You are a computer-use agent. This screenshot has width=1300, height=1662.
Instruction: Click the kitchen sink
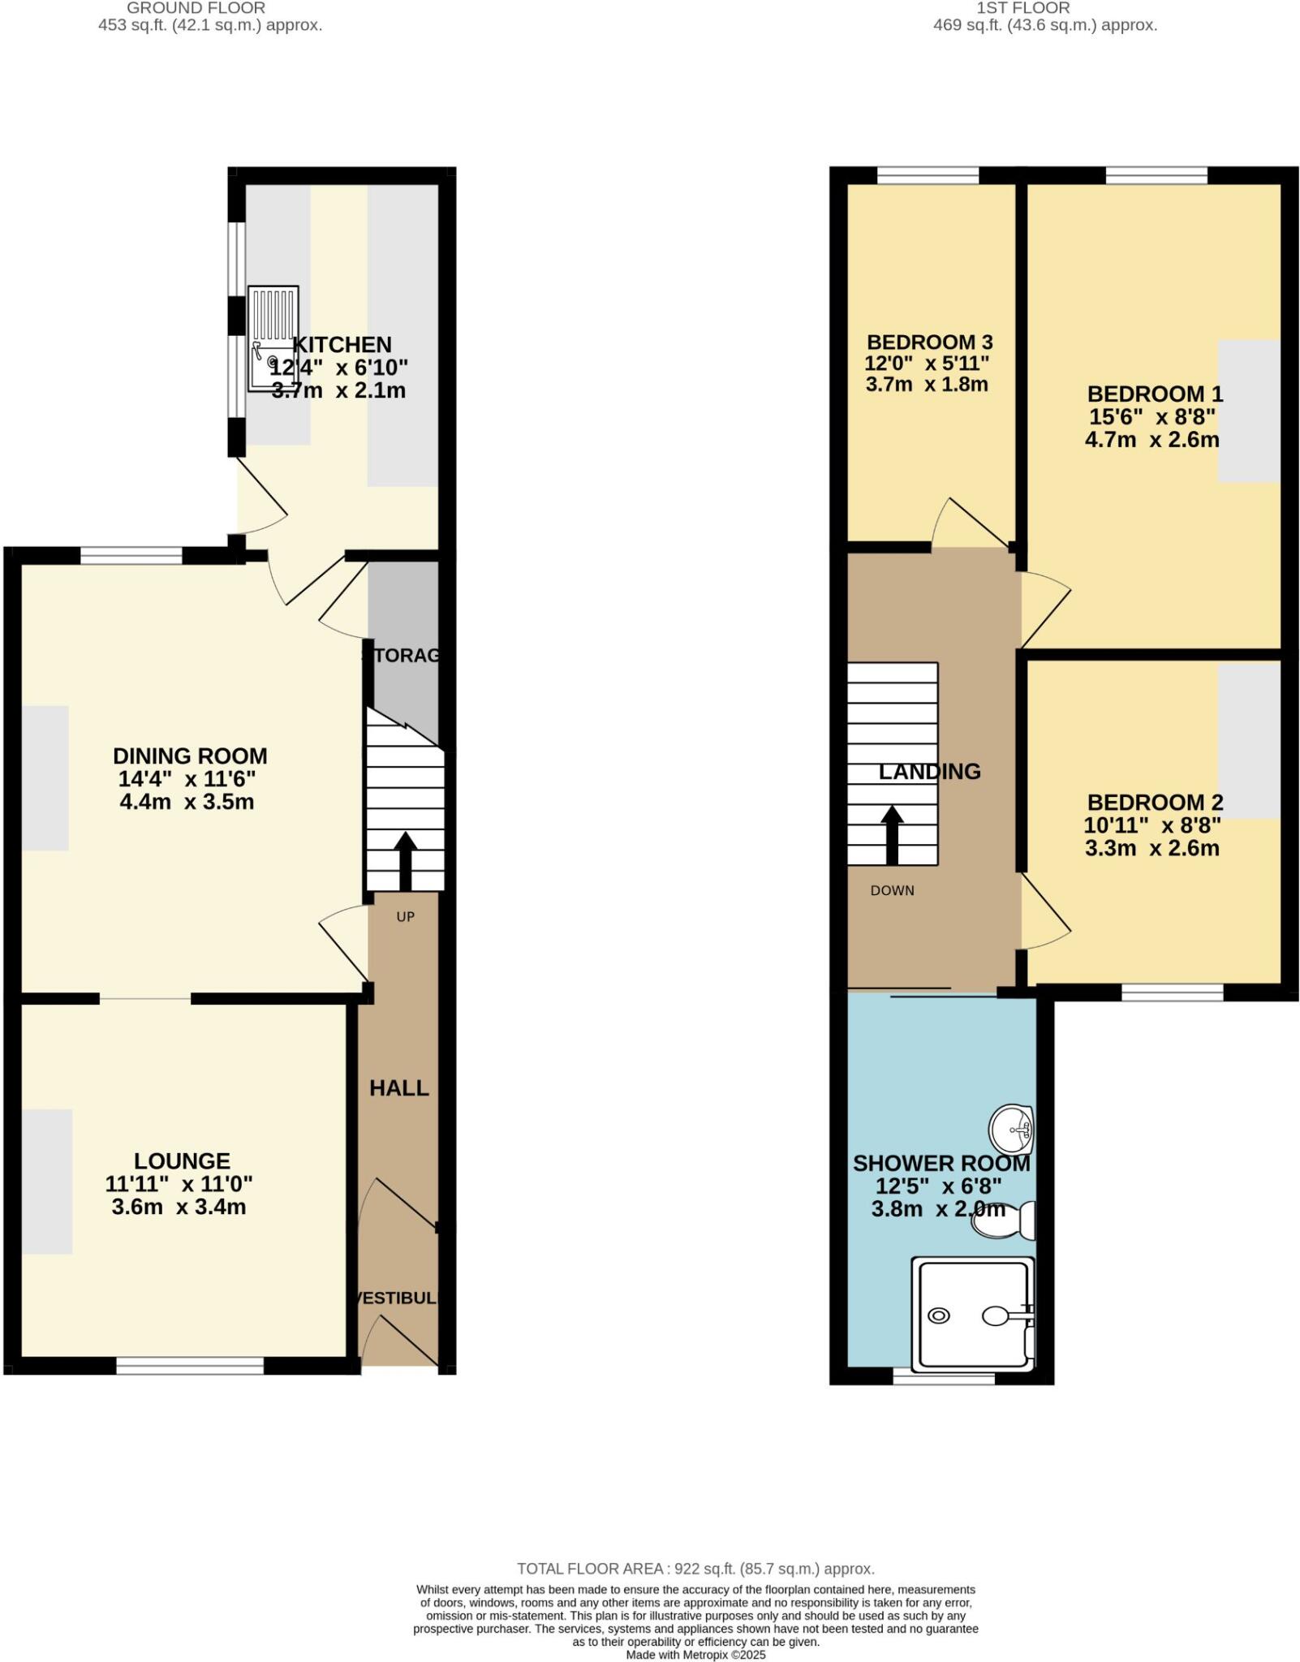point(273,339)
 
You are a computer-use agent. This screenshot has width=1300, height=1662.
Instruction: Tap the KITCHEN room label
point(342,345)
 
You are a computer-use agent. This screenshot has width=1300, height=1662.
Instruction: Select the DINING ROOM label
point(190,756)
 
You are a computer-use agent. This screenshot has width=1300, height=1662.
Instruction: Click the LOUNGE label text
point(183,1161)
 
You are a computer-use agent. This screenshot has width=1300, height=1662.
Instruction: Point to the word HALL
point(399,1088)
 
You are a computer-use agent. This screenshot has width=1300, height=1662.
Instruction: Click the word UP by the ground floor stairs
point(406,917)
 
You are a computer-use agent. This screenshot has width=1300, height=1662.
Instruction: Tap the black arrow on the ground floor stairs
point(405,860)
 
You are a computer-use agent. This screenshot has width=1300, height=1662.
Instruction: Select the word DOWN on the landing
point(893,890)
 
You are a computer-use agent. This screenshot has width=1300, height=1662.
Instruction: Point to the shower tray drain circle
point(939,1316)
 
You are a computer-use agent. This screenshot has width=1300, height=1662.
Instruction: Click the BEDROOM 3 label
point(930,342)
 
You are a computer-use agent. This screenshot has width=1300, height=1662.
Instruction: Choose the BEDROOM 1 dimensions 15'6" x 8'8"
point(1152,417)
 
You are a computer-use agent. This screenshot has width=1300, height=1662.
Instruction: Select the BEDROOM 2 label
point(1156,803)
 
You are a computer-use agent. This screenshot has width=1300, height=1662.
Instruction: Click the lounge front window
point(190,1366)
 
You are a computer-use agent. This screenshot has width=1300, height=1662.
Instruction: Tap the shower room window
point(944,1377)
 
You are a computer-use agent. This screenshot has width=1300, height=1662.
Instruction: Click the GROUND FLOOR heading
point(196,8)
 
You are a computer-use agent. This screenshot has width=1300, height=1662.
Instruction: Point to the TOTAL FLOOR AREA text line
point(695,1569)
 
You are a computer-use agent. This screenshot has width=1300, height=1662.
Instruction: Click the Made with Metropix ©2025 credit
point(695,1655)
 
